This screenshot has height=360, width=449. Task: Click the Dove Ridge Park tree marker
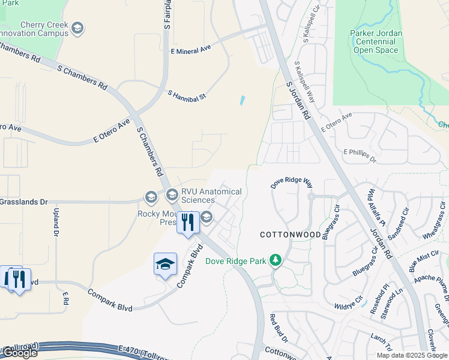pos(276,260)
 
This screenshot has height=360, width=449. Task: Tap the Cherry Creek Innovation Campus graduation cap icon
pos(77,28)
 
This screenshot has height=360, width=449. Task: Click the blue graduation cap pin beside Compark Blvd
pos(165,264)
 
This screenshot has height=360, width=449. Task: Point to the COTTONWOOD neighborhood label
pos(290,235)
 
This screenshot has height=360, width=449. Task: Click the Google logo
pos(19,353)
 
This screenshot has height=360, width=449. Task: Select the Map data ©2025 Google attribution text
pos(411,355)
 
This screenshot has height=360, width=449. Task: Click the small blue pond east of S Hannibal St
pos(243,100)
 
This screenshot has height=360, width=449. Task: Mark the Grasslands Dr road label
pos(24,203)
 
